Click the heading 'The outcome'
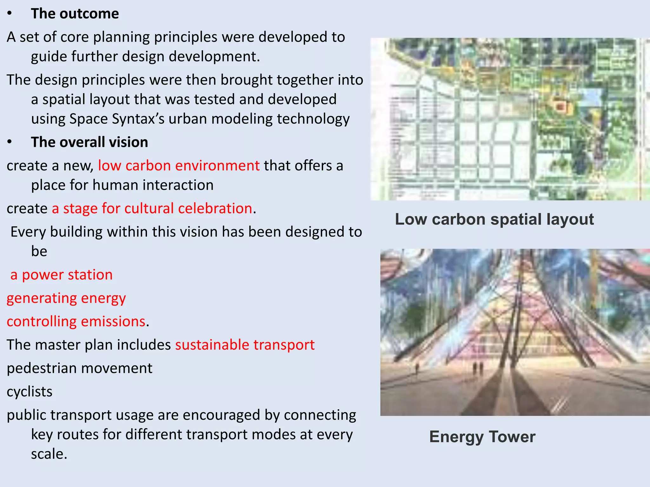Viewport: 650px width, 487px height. pyautogui.click(x=75, y=14)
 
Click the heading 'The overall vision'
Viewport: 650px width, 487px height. pyautogui.click(x=90, y=142)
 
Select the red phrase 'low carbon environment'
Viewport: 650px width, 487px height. pyautogui.click(x=179, y=166)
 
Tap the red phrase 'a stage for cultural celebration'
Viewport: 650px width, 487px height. pyautogui.click(x=152, y=209)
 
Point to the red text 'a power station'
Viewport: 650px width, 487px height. pyautogui.click(x=61, y=275)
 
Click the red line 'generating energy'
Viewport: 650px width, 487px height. pyautogui.click(x=66, y=298)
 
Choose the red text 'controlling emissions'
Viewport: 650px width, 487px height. pyautogui.click(x=76, y=321)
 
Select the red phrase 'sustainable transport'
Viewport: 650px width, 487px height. pyautogui.click(x=245, y=345)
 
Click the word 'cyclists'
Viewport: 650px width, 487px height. pyautogui.click(x=30, y=392)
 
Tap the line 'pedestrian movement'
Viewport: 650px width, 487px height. pyautogui.click(x=80, y=368)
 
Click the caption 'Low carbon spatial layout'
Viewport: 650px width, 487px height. pyautogui.click(x=494, y=219)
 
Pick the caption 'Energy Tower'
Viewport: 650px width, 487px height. pyautogui.click(x=482, y=437)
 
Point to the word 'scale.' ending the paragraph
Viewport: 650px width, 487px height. pyautogui.click(x=49, y=454)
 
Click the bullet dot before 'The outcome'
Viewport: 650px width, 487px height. pyautogui.click(x=10, y=14)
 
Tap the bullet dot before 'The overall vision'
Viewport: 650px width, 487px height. pyautogui.click(x=10, y=142)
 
